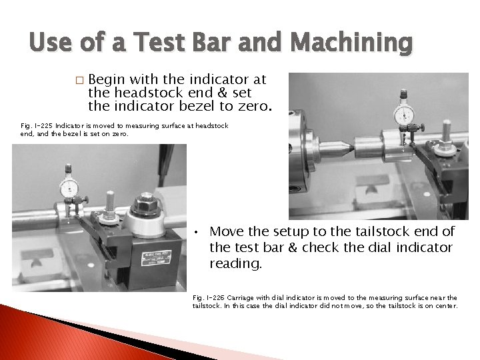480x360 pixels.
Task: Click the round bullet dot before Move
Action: click(198, 233)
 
